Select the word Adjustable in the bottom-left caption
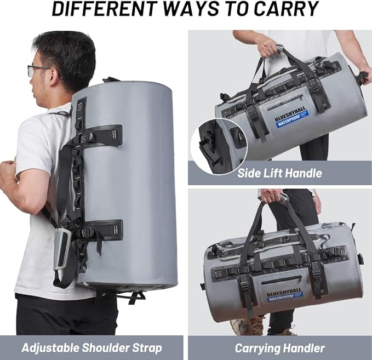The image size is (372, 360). click(50, 348)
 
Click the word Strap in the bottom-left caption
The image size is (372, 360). click(147, 348)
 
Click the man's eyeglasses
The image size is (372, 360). click(38, 71)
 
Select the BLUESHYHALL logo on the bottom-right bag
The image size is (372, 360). click(285, 295)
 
